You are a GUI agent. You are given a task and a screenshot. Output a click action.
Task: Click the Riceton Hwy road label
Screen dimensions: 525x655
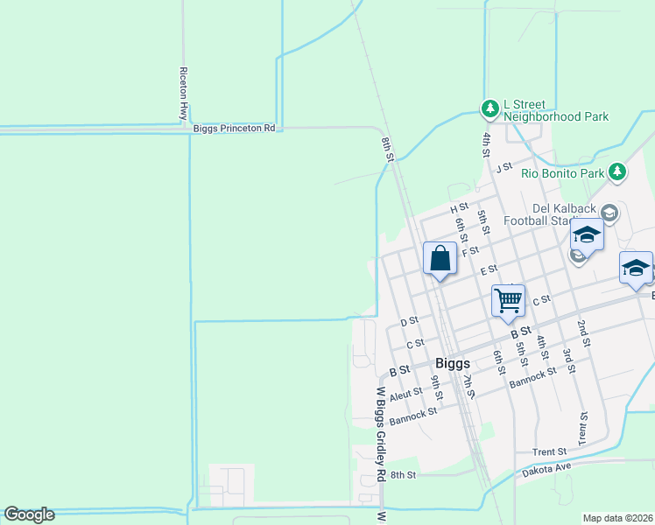[x=184, y=92]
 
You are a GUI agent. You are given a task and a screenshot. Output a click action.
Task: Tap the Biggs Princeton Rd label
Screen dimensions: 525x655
[x=234, y=128]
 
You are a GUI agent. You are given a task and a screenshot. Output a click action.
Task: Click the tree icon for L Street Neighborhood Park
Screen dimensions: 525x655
[x=489, y=108]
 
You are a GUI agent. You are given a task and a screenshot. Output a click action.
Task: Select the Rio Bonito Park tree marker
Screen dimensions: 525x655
[x=618, y=171]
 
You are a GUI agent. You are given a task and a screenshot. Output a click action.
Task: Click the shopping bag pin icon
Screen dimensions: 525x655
[x=440, y=260]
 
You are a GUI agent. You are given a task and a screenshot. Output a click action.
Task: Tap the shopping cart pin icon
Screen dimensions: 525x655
[x=508, y=301]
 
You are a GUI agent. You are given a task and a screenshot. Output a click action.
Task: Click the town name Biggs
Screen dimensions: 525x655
[x=453, y=363]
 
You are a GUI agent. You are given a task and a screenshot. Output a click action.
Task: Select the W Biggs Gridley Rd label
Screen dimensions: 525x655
[x=381, y=435]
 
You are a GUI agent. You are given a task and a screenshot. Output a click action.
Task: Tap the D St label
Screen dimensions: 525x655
[x=410, y=322]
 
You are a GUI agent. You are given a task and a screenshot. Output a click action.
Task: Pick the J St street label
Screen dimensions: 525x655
[x=503, y=167]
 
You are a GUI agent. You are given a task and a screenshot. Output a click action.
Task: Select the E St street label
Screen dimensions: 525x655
[x=489, y=269]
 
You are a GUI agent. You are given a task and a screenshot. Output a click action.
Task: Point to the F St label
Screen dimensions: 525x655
[x=471, y=251]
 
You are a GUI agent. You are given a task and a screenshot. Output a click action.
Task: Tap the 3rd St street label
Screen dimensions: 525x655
[x=567, y=359]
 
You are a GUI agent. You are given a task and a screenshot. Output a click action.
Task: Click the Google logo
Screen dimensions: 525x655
[x=29, y=514]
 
